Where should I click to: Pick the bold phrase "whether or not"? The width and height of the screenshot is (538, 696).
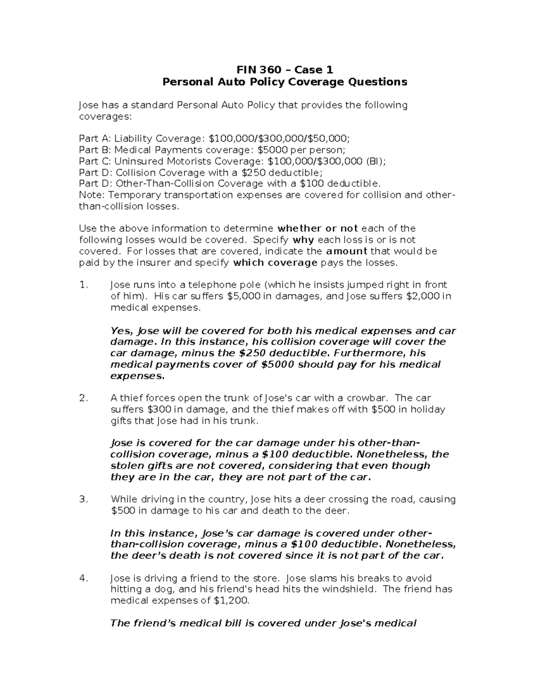click(318, 229)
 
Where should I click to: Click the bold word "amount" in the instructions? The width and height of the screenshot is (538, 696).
click(347, 251)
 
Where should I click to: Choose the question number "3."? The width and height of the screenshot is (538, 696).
click(82, 499)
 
